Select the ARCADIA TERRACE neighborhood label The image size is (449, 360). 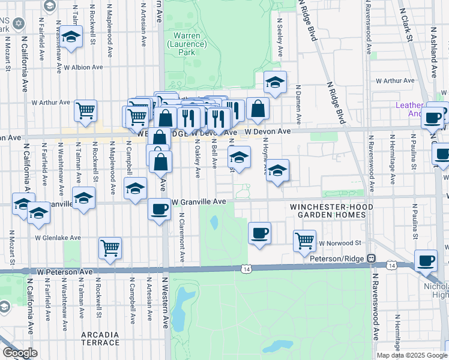(x=100, y=338)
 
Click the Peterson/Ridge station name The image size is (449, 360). (x=339, y=259)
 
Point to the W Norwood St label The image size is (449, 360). (x=339, y=243)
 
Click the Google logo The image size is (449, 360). (x=20, y=353)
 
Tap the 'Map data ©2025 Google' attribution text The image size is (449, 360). (x=412, y=355)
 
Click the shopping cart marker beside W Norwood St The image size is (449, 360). (x=304, y=241)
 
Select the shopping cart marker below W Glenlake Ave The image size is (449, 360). (x=110, y=247)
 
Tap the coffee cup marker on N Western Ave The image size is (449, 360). (x=159, y=209)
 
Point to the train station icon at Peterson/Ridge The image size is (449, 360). (x=372, y=259)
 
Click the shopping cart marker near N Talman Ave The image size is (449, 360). (x=86, y=110)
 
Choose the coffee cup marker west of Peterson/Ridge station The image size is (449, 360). (x=259, y=233)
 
